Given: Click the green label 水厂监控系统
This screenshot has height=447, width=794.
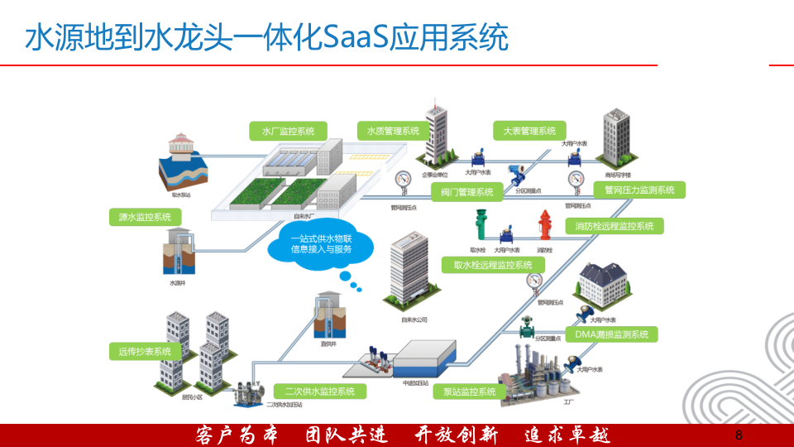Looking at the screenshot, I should tap(288, 131).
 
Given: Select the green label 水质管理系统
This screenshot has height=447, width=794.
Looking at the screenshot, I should tap(388, 131).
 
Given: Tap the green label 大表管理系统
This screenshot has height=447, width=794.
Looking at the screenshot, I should tap(529, 131).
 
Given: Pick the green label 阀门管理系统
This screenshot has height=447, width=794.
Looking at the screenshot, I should tap(466, 192).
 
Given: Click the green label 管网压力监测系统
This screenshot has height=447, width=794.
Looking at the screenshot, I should tap(639, 190).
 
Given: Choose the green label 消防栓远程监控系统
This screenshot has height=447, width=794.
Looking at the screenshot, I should tap(614, 226).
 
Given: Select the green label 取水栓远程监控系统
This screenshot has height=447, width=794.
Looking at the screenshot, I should tap(493, 265).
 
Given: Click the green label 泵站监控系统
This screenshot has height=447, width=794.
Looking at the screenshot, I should tap(469, 391).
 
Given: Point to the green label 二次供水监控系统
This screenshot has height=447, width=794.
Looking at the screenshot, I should tap(319, 391).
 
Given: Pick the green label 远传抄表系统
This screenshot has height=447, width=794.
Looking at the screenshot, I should tap(145, 351).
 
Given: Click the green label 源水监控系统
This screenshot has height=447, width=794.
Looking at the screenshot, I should tap(145, 217).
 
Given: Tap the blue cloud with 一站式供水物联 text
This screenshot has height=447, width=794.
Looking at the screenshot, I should tap(320, 244).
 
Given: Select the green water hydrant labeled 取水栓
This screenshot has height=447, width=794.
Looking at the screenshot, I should tap(479, 226).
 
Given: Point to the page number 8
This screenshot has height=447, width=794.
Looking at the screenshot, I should tap(739, 435).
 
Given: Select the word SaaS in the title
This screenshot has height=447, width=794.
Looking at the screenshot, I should tap(358, 38).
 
